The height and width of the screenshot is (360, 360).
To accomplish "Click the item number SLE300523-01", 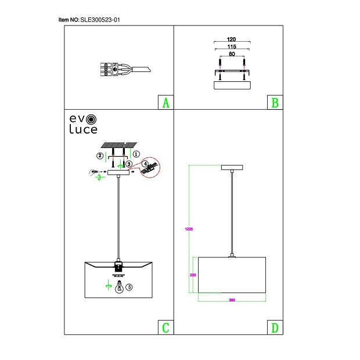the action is tap(100, 20).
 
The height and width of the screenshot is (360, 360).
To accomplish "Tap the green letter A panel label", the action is tap(165, 103).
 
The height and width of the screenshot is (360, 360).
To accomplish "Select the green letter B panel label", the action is tap(275, 103).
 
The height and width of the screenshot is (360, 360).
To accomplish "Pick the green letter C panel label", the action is tap(165, 327).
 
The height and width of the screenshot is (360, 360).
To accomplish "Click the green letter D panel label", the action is tap(275, 327).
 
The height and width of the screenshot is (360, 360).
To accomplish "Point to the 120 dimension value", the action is tap(232, 39).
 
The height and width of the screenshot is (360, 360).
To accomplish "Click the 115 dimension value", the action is tap(232, 46).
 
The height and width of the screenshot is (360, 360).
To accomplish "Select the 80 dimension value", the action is tap(232, 54).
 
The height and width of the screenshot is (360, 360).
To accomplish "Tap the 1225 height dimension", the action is tap(189, 229).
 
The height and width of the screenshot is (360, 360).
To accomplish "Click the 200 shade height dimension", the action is tap(193, 275).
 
